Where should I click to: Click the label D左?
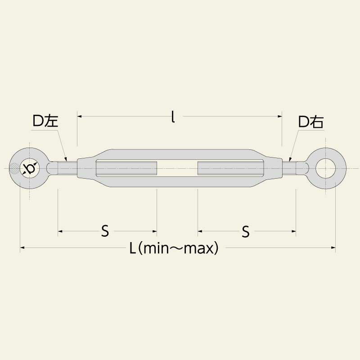pyautogui.click(x=45, y=121)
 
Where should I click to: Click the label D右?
pyautogui.click(x=311, y=121)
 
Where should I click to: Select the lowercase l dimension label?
pyautogui.click(x=173, y=117)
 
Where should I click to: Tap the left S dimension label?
pyautogui.click(x=105, y=232)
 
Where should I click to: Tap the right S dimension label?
pyautogui.click(x=246, y=232)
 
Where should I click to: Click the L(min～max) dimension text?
pyautogui.click(x=174, y=248)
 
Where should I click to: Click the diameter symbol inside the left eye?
pyautogui.click(x=30, y=169)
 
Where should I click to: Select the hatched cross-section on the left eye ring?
pyautogui.click(x=15, y=169)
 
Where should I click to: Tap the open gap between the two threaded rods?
pyautogui.click(x=177, y=169)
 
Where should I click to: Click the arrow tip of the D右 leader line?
pyautogui.click(x=290, y=160)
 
